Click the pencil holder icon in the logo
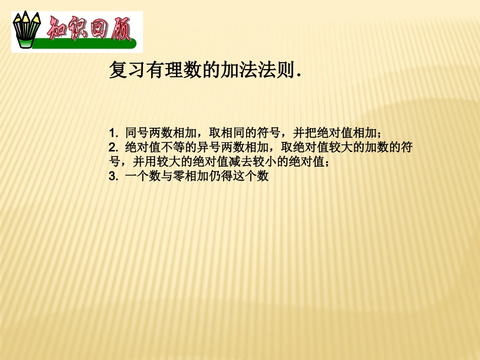pos(26,31)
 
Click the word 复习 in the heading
pos(123,71)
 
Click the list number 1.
pos(112,133)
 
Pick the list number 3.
pos(112,177)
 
